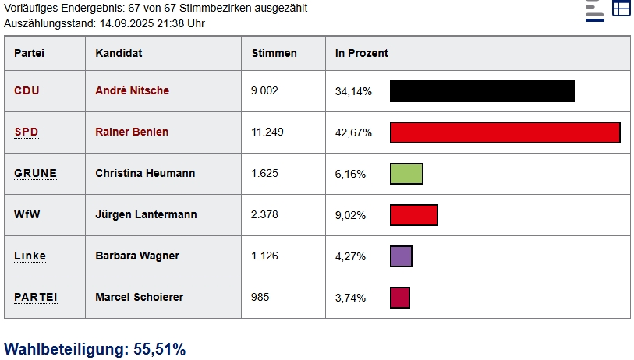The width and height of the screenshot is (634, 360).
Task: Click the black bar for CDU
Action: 482,91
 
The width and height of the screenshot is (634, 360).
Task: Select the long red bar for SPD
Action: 505,132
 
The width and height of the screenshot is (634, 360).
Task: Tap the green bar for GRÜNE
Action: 406,174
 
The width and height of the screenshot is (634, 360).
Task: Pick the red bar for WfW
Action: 413,215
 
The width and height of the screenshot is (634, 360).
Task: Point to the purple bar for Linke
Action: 401,256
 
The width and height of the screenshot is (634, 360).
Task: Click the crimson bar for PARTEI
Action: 399,298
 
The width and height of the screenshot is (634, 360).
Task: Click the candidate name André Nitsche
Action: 132,90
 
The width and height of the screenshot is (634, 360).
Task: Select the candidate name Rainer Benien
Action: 132,132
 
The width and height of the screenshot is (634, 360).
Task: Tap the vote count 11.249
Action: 267,132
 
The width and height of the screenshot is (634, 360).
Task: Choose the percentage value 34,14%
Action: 353,91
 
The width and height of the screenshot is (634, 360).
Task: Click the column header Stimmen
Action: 274,53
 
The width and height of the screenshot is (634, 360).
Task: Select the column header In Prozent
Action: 362,53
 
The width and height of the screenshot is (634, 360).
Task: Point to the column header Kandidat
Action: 119,53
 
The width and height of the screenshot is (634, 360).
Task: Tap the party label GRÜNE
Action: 35,173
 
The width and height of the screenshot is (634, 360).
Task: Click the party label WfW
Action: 27,214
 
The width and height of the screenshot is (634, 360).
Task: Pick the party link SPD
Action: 27,132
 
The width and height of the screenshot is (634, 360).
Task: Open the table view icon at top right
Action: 621,9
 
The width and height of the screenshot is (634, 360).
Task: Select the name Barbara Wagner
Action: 137,256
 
